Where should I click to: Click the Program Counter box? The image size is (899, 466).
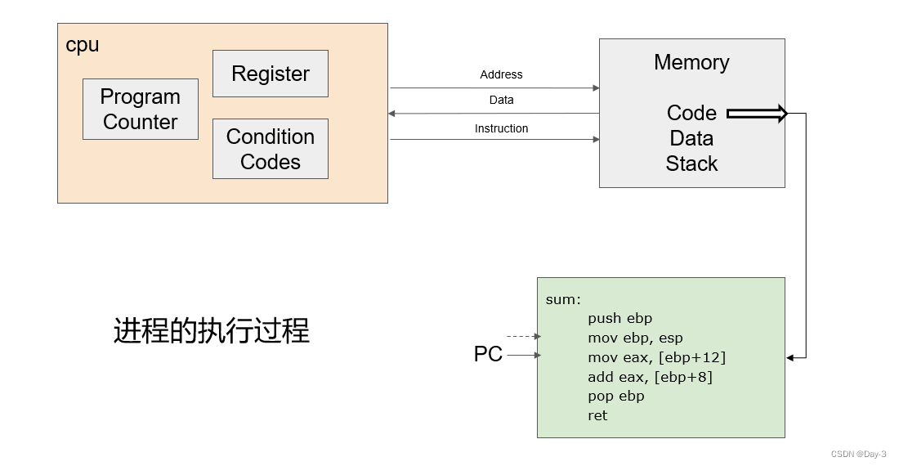pyautogui.click(x=141, y=109)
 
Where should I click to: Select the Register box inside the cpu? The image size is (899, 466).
pyautogui.click(x=271, y=74)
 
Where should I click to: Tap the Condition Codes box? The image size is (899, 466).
pyautogui.click(x=271, y=149)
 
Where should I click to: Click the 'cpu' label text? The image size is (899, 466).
pyautogui.click(x=83, y=45)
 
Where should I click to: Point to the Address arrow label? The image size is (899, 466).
pyautogui.click(x=501, y=74)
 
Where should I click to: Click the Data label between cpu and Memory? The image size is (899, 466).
pyautogui.click(x=501, y=100)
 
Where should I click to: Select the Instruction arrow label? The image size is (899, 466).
pyautogui.click(x=501, y=128)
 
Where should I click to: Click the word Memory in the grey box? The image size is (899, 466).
pyautogui.click(x=691, y=62)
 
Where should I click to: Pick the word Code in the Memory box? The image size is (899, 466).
pyautogui.click(x=691, y=113)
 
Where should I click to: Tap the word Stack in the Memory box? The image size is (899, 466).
pyautogui.click(x=691, y=164)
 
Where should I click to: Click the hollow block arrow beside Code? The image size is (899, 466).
pyautogui.click(x=757, y=114)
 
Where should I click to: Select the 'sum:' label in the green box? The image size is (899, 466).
pyautogui.click(x=563, y=299)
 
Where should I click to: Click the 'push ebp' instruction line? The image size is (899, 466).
pyautogui.click(x=619, y=318)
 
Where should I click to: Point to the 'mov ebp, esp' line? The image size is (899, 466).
pyautogui.click(x=635, y=338)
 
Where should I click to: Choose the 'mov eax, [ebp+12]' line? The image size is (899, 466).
pyautogui.click(x=656, y=357)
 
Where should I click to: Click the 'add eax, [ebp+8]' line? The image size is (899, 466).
pyautogui.click(x=650, y=377)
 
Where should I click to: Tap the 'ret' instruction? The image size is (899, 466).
pyautogui.click(x=597, y=415)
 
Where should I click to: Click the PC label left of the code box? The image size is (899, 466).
pyautogui.click(x=488, y=355)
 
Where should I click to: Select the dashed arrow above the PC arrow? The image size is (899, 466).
pyautogui.click(x=523, y=336)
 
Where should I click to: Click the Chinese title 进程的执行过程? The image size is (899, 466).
pyautogui.click(x=212, y=331)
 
